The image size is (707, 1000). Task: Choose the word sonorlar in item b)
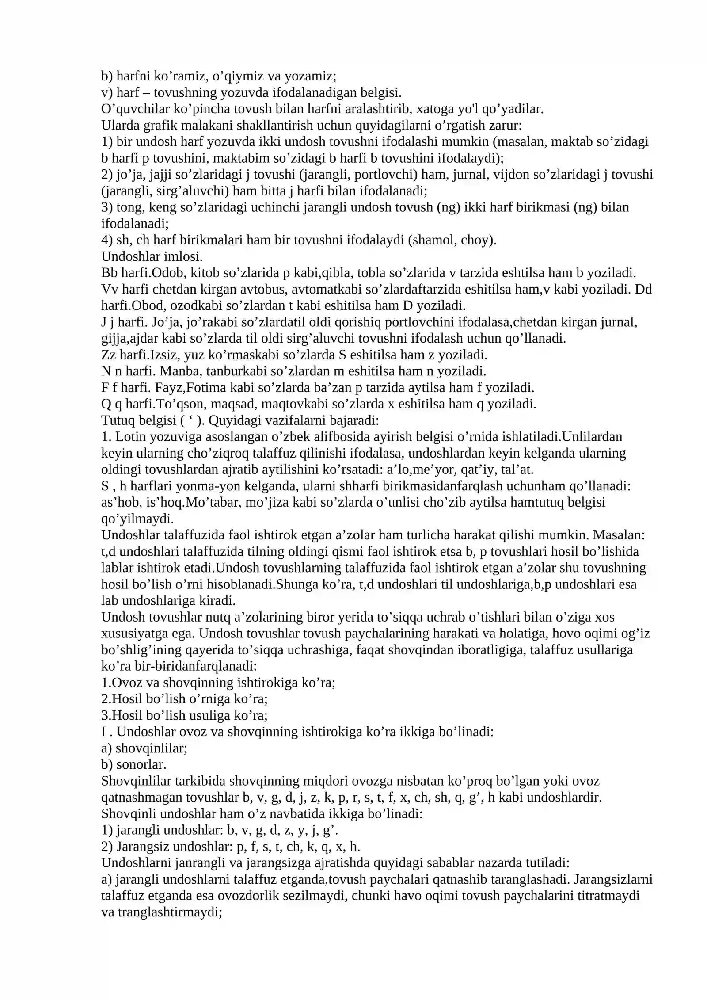tap(141, 764)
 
